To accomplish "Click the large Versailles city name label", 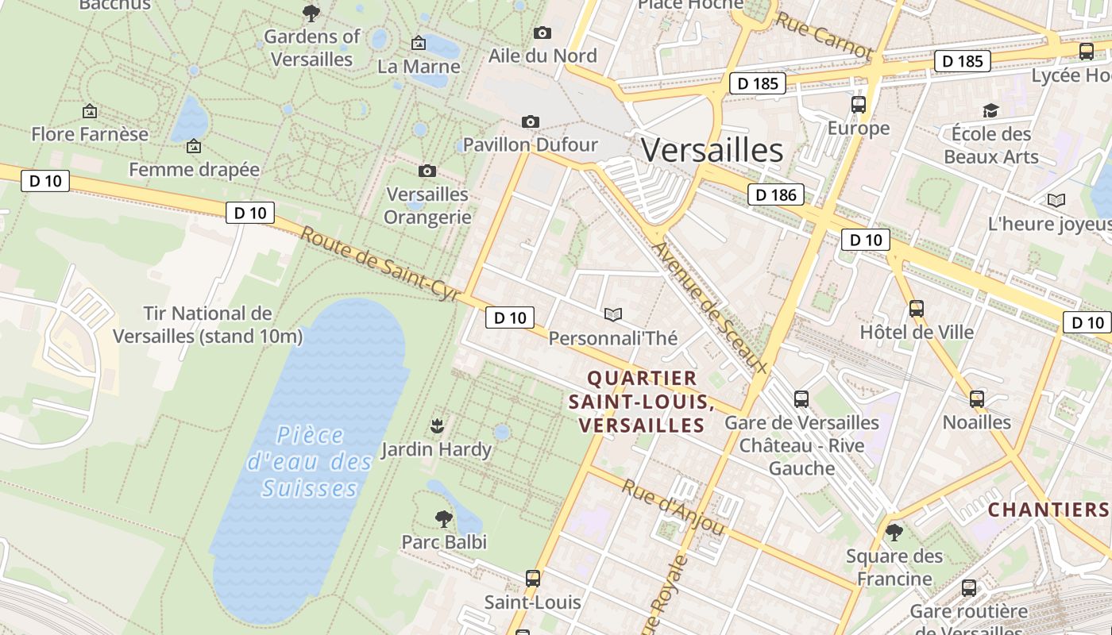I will click(x=712, y=150).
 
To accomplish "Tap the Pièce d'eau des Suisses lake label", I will click(x=310, y=461).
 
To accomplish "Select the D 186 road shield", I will click(x=775, y=194).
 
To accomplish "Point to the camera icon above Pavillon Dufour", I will click(x=531, y=121).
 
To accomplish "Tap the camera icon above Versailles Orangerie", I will click(x=427, y=171).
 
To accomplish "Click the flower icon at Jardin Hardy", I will click(x=436, y=426).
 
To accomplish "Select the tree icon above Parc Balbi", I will click(x=444, y=519).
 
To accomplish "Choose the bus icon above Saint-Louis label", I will click(x=533, y=579).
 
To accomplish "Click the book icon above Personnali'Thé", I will click(x=612, y=315).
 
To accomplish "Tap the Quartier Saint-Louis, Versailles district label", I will click(x=641, y=402).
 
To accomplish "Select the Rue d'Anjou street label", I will click(x=673, y=507).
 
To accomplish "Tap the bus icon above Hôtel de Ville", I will click(x=917, y=308).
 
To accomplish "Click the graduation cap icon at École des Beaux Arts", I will click(x=990, y=110).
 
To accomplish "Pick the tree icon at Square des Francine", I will click(x=894, y=532).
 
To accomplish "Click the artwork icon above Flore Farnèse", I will click(x=90, y=111).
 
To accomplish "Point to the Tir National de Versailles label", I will click(x=207, y=325).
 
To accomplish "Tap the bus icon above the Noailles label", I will click(x=977, y=398).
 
